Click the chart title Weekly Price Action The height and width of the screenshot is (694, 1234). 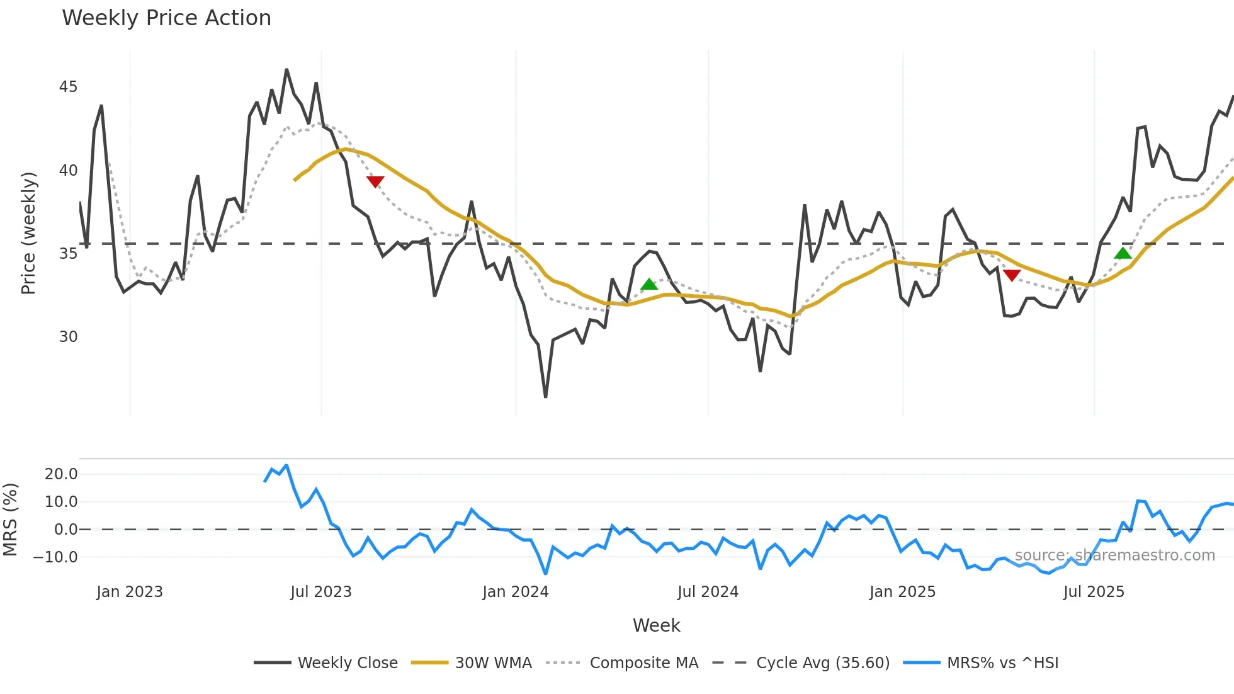click(x=166, y=18)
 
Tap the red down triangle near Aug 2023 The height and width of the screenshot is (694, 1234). click(x=375, y=181)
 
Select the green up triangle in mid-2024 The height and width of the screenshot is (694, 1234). click(x=649, y=285)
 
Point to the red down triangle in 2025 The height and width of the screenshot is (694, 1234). click(x=1012, y=275)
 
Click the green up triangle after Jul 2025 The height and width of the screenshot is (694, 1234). click(x=1123, y=253)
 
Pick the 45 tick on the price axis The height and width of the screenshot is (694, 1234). click(x=68, y=87)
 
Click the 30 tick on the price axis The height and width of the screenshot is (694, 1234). click(x=68, y=337)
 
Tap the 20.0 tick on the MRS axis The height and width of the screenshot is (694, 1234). click(x=61, y=474)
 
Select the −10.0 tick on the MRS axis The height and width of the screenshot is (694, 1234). click(x=55, y=557)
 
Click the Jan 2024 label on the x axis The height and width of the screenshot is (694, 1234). click(x=516, y=592)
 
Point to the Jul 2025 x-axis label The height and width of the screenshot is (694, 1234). click(x=1094, y=592)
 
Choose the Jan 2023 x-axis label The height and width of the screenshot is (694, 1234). click(x=130, y=592)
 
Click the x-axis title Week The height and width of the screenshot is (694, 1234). click(x=656, y=625)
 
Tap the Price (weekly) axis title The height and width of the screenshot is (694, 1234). click(x=29, y=233)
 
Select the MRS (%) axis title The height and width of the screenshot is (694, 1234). click(x=11, y=520)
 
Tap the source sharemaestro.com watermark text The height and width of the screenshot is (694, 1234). click(x=1114, y=555)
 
